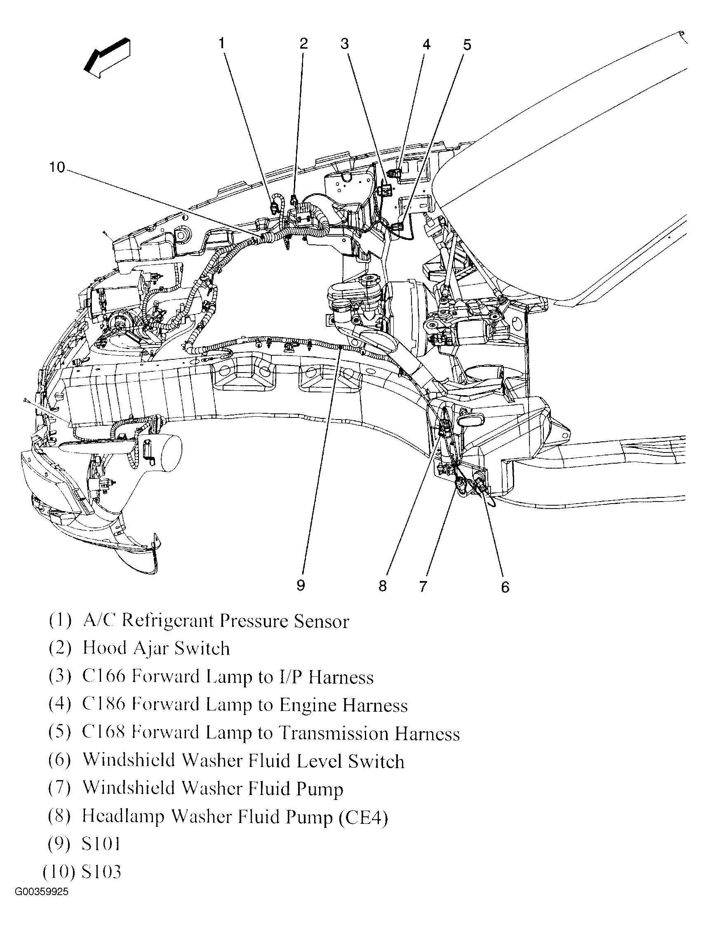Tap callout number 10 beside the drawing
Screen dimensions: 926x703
click(x=57, y=167)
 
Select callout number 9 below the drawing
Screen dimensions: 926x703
click(x=301, y=585)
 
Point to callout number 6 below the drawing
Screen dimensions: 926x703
click(x=505, y=587)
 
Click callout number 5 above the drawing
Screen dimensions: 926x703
click(x=467, y=45)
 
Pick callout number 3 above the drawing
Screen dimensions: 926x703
click(x=344, y=44)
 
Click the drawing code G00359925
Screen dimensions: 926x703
click(x=41, y=903)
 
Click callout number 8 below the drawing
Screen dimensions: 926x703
click(x=382, y=586)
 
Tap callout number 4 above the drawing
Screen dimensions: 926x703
click(x=426, y=44)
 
